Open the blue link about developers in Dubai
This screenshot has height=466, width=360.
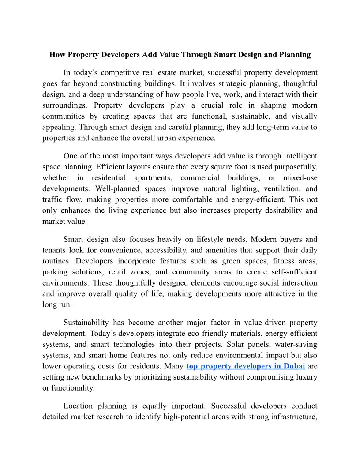(x=246, y=366)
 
